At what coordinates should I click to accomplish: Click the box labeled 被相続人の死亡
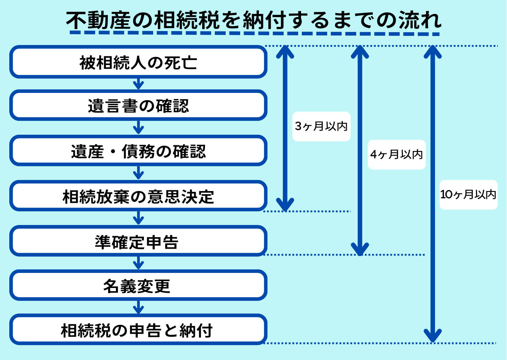138,62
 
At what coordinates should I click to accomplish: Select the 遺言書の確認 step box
138,105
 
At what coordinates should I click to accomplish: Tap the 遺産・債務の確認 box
138,151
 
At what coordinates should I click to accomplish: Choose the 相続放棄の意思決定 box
138,196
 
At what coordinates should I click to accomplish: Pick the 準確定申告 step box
138,241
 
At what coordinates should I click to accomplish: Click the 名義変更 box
138,285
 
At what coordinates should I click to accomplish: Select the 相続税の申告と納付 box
138,330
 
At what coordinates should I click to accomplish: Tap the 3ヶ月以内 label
321,126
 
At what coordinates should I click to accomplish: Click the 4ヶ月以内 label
396,154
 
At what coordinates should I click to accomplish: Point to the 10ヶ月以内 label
468,195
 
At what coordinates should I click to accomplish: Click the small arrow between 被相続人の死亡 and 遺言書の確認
138,84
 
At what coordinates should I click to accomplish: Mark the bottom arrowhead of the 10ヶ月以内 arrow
432,336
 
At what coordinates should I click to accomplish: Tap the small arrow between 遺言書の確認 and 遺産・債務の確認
138,128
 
